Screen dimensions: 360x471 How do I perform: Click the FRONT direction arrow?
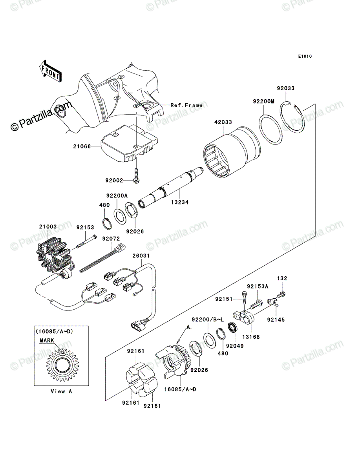coord(50,71)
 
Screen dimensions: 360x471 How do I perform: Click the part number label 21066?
coord(82,146)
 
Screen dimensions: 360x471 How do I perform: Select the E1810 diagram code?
coord(305,57)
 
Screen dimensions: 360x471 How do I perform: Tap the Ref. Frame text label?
coord(186,105)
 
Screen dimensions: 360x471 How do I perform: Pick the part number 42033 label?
coord(223,122)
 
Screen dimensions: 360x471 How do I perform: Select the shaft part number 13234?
coord(180,202)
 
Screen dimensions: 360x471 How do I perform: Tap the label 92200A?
coord(117,196)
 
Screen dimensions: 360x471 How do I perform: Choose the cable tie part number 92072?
coord(111,239)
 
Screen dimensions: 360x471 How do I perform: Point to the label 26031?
coord(141,256)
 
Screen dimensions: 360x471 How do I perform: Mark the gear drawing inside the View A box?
coord(62,365)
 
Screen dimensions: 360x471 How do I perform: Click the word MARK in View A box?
coord(47,340)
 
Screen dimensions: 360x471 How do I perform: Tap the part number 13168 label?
coord(251,337)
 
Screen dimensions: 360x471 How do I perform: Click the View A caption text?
coord(61,391)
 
